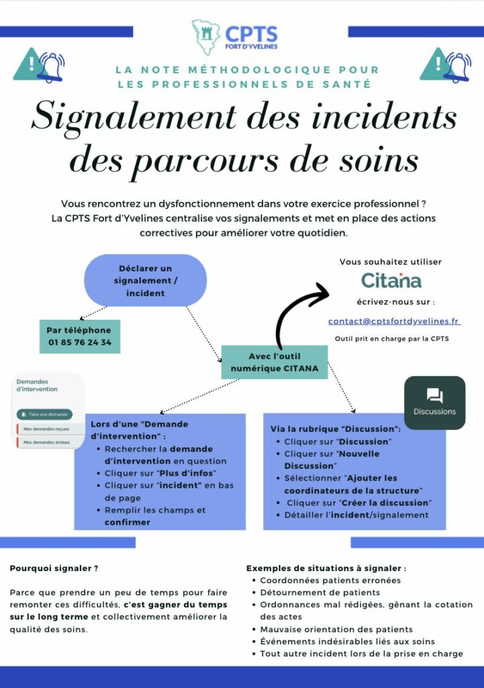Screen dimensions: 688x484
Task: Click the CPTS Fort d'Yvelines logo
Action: (234, 37)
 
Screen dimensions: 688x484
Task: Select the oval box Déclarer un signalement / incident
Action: (145, 280)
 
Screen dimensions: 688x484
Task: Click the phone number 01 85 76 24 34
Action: (80, 342)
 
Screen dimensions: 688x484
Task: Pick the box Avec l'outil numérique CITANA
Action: (275, 362)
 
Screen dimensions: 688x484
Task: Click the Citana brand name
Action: (391, 279)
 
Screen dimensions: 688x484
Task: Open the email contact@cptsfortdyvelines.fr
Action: (394, 321)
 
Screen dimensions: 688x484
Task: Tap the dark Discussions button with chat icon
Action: (434, 402)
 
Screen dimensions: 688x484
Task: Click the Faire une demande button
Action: (45, 415)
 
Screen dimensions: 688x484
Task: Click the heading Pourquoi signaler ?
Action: (54, 568)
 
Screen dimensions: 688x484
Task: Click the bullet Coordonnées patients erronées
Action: (330, 580)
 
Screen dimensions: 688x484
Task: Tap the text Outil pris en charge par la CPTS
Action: (392, 339)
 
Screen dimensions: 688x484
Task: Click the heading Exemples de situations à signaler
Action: (326, 568)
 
